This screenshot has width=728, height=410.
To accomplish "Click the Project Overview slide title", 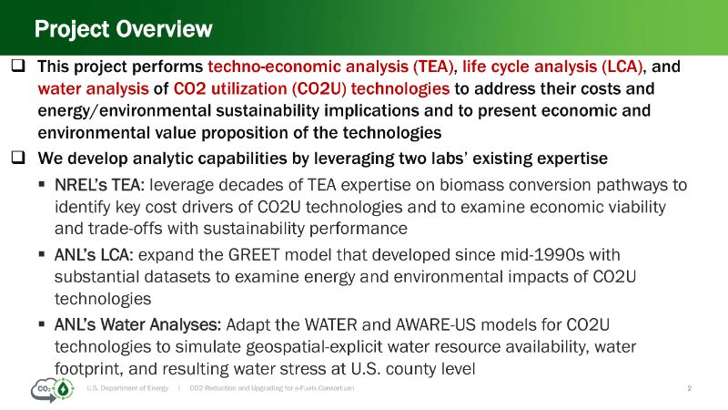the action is [123, 29].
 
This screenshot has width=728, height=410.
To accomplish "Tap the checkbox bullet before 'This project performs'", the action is [18, 66].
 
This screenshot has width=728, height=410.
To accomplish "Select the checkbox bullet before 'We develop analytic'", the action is [18, 158].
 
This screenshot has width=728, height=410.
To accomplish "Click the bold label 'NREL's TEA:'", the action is [99, 185].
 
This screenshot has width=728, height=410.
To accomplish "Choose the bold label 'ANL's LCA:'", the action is [94, 255].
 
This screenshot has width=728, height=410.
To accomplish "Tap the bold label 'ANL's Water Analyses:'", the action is [138, 324].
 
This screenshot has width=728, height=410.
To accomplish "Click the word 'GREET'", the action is [254, 255].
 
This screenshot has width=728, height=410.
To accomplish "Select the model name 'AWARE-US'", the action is [436, 324].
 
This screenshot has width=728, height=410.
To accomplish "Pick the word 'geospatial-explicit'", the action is [314, 347].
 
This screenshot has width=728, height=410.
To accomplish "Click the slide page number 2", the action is [690, 388].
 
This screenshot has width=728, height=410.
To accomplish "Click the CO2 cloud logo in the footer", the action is [53, 390].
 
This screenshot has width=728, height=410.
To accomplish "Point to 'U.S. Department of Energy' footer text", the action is [127, 388].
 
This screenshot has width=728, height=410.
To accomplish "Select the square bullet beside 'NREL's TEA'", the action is [42, 185].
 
